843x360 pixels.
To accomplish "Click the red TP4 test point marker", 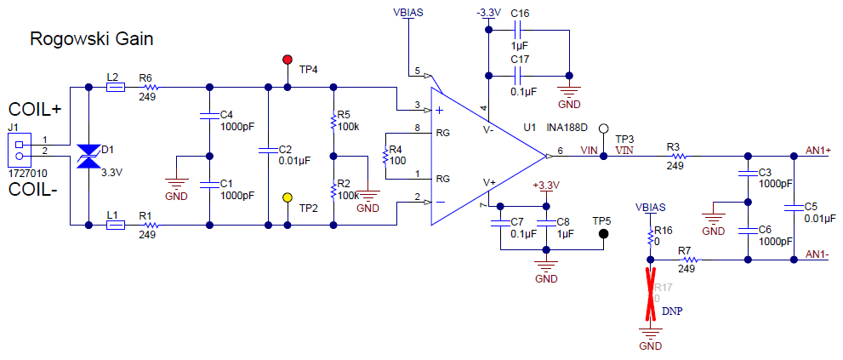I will pyautogui.click(x=287, y=60).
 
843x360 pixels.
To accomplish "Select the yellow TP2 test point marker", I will pyautogui.click(x=287, y=198).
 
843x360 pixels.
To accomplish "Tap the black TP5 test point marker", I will pyautogui.click(x=603, y=233).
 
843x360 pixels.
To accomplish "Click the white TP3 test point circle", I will pyautogui.click(x=603, y=129).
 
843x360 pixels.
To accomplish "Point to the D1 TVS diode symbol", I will pyautogui.click(x=90, y=157).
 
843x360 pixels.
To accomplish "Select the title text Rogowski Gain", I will pyautogui.click(x=91, y=39).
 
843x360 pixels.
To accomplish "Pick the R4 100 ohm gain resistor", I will pyautogui.click(x=385, y=156).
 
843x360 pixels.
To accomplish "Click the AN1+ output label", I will pyautogui.click(x=818, y=150).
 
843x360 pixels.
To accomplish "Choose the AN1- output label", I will pyautogui.click(x=817, y=254).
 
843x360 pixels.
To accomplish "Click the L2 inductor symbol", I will pyautogui.click(x=115, y=87).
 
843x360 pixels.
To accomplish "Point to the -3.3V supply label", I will pyautogui.click(x=488, y=13).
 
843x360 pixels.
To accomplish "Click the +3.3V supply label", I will pyautogui.click(x=545, y=185).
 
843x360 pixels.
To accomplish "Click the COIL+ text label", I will pyautogui.click(x=35, y=110).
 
